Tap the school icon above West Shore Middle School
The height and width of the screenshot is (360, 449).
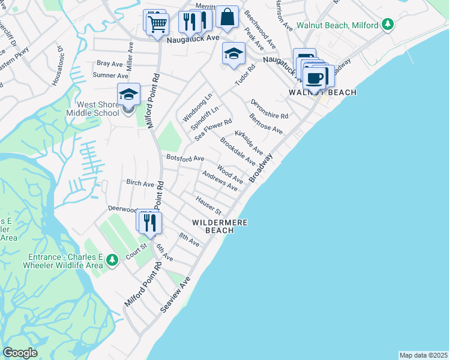tap(128, 94)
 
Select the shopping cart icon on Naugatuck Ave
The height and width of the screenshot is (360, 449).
tap(157, 24)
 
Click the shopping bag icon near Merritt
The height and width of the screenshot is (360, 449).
tap(228, 17)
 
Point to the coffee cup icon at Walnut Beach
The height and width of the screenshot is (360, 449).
tap(314, 77)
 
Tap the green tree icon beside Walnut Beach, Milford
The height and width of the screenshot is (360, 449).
tap(388, 25)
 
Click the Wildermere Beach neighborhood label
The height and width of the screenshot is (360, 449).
tap(220, 226)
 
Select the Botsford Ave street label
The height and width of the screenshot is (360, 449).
tap(185, 158)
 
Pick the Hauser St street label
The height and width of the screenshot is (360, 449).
tap(209, 205)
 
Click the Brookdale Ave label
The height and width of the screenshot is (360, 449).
tap(238, 152)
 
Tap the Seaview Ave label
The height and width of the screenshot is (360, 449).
tap(175, 295)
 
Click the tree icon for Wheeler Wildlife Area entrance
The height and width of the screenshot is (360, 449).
tap(112, 260)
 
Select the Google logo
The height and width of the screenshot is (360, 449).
tap(20, 353)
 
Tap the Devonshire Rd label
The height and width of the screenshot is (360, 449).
tap(270, 109)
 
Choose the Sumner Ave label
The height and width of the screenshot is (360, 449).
tap(110, 76)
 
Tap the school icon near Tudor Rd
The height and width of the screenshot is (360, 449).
tap(234, 54)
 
